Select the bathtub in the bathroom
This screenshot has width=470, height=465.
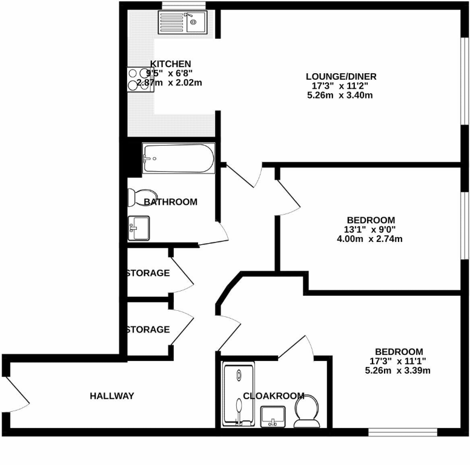(178, 158)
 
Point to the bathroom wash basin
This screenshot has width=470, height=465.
(138, 227)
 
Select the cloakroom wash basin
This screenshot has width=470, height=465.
(274, 415)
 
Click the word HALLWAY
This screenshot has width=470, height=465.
(112, 396)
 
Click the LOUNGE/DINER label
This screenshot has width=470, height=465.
(341, 77)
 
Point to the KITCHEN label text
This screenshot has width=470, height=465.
(171, 64)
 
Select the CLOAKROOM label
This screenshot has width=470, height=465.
(273, 396)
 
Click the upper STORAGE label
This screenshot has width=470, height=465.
(148, 273)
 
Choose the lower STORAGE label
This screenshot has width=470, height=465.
(148, 330)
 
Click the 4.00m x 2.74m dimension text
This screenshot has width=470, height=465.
(370, 239)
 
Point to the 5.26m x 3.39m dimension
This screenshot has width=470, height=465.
(398, 371)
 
